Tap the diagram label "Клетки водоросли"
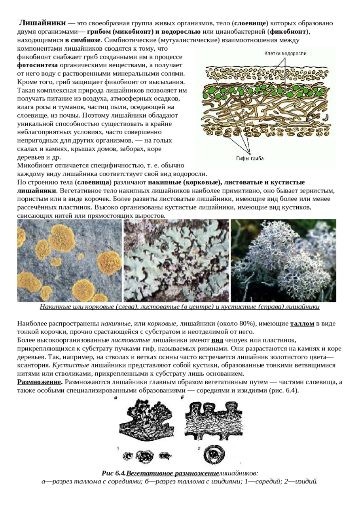(285, 53)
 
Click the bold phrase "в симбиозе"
(83, 40)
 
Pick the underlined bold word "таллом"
(302, 324)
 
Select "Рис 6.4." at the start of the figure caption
(114, 473)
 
